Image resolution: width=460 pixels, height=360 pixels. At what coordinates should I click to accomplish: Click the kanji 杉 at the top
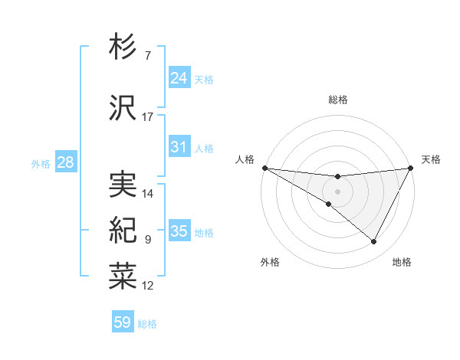(123, 47)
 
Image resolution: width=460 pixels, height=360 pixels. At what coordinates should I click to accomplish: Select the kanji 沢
(123, 109)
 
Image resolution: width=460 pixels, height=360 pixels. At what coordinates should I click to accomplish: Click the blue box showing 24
(179, 78)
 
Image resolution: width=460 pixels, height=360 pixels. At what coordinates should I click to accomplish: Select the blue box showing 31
(179, 147)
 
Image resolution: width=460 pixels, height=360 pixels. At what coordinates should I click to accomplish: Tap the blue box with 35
(179, 231)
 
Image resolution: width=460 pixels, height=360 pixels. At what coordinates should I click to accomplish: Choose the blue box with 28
(65, 162)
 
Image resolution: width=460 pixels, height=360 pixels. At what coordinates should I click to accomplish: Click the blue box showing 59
(123, 322)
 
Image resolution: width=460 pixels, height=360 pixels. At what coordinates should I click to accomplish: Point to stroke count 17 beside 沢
(148, 116)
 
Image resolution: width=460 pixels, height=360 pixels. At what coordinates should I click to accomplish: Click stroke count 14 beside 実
(148, 194)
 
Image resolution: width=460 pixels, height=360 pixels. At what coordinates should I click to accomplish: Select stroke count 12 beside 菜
(148, 286)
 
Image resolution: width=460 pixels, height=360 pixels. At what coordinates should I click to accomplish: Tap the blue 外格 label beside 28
(41, 163)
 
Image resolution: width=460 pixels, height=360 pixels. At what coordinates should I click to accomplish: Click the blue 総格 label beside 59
(147, 323)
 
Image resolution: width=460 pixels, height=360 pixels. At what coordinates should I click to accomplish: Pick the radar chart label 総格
(338, 100)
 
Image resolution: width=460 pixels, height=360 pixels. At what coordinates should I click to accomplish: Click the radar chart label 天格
(431, 159)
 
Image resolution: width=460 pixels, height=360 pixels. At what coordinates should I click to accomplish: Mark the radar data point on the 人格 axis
(264, 167)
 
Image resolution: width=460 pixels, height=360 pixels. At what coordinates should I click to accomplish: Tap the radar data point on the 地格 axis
(374, 241)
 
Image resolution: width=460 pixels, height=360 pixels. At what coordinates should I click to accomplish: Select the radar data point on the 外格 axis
(329, 204)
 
